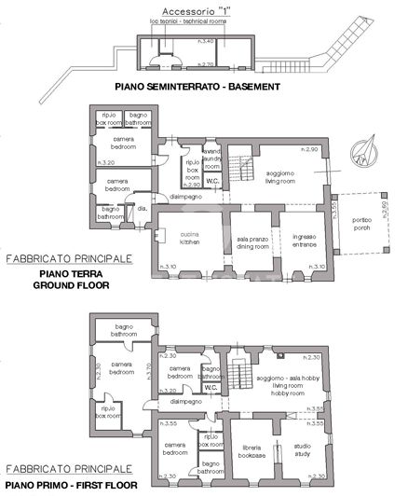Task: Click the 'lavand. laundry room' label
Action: [x=212, y=159]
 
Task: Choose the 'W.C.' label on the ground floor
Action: [x=212, y=182]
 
